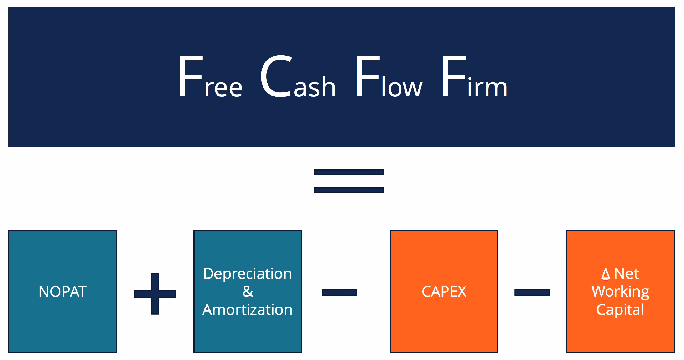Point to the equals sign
click(349, 181)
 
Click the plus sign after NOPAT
click(155, 294)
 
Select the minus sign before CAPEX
click(339, 292)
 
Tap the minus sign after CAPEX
click(532, 292)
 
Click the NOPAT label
click(62, 292)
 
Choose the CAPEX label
click(444, 292)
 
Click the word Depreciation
click(248, 274)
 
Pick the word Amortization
click(248, 309)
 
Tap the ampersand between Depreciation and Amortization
click(248, 292)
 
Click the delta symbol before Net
click(606, 274)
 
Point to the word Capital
click(620, 310)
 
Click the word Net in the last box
click(626, 274)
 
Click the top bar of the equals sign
click(349, 172)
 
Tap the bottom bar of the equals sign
click(349, 190)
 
